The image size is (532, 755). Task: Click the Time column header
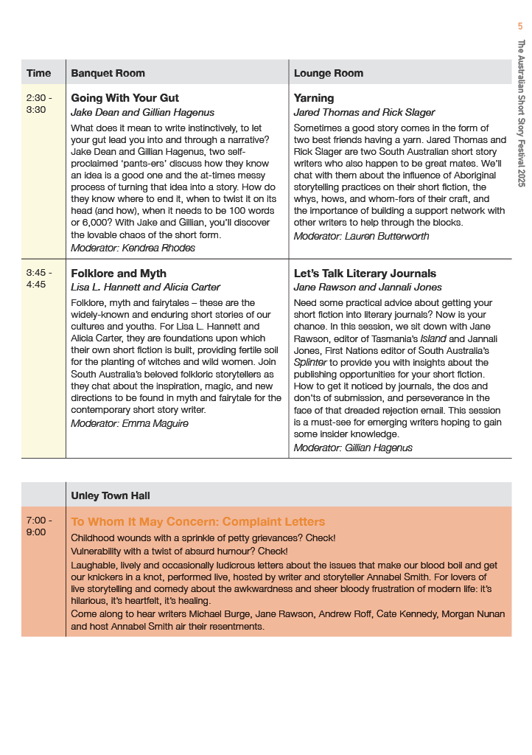(39, 73)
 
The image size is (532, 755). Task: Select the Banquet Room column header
(108, 73)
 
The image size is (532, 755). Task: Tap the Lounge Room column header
(329, 73)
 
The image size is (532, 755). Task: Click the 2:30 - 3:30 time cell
(39, 103)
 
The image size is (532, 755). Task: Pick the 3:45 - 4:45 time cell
(39, 279)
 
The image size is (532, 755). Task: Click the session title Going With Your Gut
(125, 98)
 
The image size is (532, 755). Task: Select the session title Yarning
(314, 98)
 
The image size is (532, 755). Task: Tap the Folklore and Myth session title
(119, 274)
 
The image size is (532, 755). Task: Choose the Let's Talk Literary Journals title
(365, 274)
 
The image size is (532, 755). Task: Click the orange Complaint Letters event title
(197, 522)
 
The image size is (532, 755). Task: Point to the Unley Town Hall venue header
(111, 496)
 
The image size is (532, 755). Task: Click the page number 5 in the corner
(520, 27)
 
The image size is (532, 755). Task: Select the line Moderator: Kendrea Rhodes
(133, 248)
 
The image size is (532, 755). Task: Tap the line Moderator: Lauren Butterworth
(361, 236)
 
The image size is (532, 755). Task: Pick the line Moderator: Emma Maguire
(129, 423)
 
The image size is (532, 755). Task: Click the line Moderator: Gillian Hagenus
(353, 448)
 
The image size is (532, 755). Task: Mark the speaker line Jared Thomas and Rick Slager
(364, 112)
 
